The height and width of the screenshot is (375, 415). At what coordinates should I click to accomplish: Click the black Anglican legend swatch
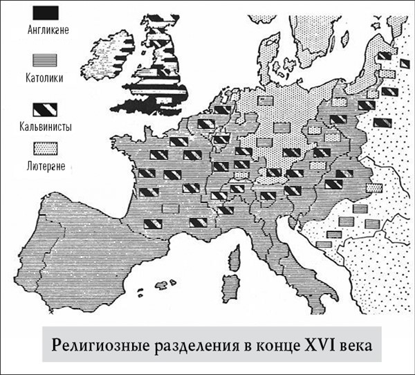44,12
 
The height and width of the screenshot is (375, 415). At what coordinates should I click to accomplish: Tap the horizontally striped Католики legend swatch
44,62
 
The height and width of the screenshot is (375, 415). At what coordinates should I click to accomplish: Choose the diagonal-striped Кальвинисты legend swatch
44,110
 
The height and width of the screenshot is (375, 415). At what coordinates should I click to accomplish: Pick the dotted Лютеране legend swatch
44,147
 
